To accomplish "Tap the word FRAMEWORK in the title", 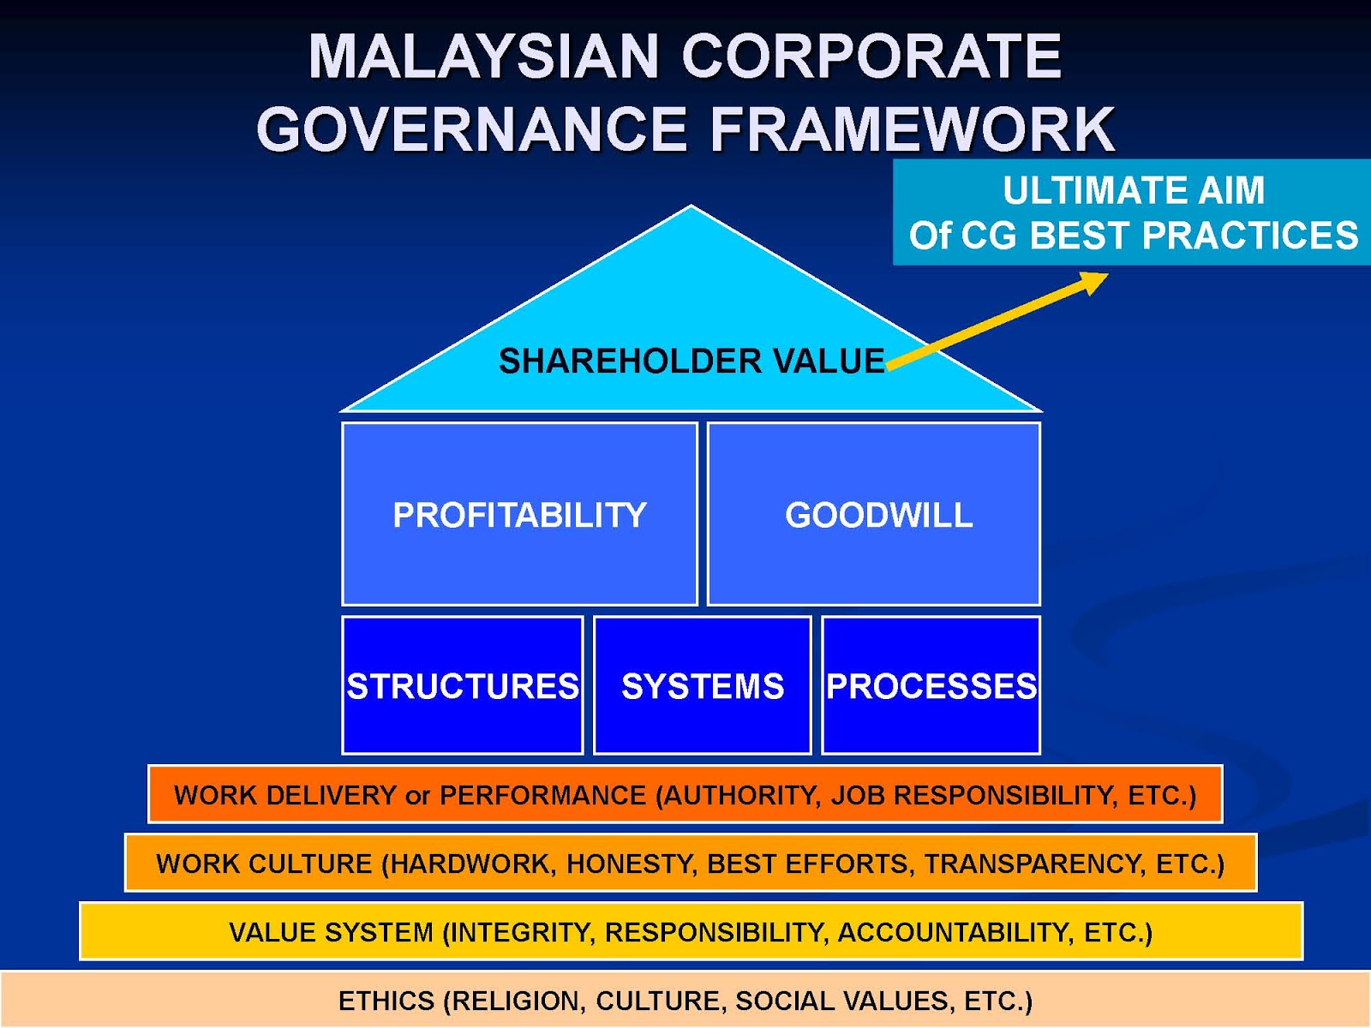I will coord(913,129).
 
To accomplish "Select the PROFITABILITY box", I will coord(519,515).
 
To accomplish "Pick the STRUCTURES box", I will coord(463,686).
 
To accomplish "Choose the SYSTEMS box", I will coord(703,686).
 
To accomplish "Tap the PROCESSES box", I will coord(931,686).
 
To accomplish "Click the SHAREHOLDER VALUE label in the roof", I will coord(691,362).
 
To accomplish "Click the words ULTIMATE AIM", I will coord(1134,190).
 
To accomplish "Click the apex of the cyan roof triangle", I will coord(691,208).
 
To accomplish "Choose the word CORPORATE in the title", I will coord(871,57).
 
